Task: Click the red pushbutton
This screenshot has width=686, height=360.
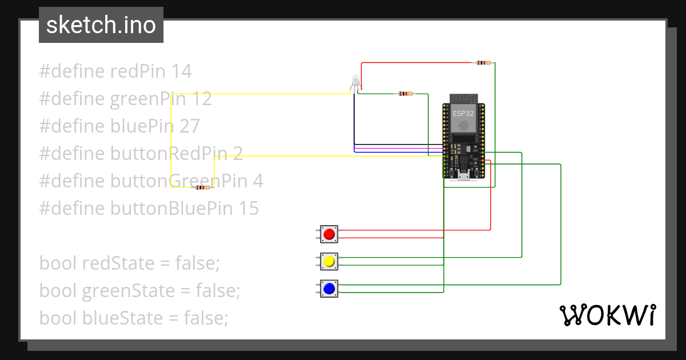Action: pos(329,234)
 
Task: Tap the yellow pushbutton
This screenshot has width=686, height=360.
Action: pos(329,262)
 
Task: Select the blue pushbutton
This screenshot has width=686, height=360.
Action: pos(329,289)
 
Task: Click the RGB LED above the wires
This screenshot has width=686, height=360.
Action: pos(356,82)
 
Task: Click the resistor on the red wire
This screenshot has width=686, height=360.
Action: pos(484,63)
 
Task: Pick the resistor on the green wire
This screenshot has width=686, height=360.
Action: pos(405,94)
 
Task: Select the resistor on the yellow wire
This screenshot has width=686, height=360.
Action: pos(203,187)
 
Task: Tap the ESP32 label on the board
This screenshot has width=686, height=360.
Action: pos(463,113)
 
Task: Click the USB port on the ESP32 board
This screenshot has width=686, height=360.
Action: pos(464,175)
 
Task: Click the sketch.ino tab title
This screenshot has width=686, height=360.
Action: pos(101,25)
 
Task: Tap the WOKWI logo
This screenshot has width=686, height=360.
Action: pos(607,315)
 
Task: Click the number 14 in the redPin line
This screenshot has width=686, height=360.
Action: pos(181,71)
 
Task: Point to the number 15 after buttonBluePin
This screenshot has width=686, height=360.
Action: pos(248,209)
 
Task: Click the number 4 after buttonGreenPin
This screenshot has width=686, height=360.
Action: pos(258,181)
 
